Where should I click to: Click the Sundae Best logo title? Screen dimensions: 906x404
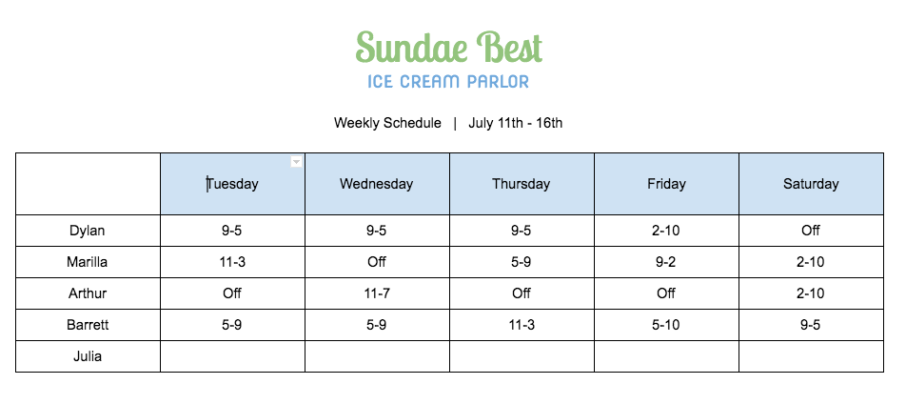click(x=449, y=48)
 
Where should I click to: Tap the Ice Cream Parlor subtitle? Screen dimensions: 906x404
click(x=448, y=82)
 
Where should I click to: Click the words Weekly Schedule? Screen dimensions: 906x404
click(x=387, y=123)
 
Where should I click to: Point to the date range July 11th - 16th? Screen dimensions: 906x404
click(x=516, y=123)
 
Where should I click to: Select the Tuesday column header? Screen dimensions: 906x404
click(x=232, y=184)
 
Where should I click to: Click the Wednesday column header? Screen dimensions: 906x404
click(x=376, y=184)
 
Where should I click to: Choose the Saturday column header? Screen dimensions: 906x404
click(x=811, y=184)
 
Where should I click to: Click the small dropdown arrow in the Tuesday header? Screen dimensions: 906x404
click(x=296, y=161)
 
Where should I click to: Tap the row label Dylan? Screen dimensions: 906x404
click(x=88, y=231)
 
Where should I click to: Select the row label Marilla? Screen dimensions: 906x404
click(x=88, y=262)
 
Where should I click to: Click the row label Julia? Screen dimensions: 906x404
click(x=88, y=356)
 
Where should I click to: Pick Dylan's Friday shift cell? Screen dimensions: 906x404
click(x=665, y=231)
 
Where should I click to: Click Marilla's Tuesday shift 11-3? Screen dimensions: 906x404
click(x=232, y=262)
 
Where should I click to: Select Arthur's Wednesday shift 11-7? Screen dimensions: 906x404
click(x=376, y=293)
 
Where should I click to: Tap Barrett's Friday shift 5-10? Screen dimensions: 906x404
click(x=665, y=325)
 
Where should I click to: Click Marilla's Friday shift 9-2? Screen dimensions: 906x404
click(x=665, y=262)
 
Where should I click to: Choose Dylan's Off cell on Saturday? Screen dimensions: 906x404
click(x=811, y=231)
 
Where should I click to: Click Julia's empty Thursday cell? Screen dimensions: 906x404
click(x=522, y=356)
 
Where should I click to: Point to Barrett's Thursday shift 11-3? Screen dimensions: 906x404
click(x=522, y=325)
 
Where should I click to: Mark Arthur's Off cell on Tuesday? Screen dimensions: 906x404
click(x=232, y=293)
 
